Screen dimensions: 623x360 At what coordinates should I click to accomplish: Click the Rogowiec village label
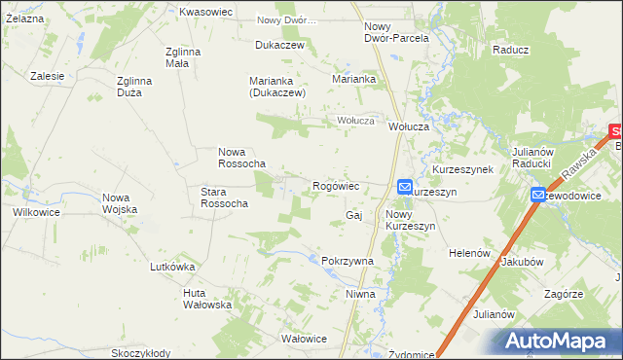pyautogui.click(x=337, y=186)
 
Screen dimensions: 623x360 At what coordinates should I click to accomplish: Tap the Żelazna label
pyautogui.click(x=23, y=18)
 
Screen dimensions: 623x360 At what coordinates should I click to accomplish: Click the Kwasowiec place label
pyautogui.click(x=205, y=12)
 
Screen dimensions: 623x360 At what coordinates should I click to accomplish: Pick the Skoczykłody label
pyautogui.click(x=141, y=353)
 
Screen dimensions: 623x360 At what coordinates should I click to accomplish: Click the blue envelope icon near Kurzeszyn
pyautogui.click(x=405, y=186)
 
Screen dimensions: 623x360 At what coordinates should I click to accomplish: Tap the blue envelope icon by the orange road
pyautogui.click(x=538, y=196)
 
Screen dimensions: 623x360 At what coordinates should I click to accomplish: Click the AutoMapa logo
pyautogui.click(x=558, y=341)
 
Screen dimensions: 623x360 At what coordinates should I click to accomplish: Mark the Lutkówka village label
pyautogui.click(x=173, y=267)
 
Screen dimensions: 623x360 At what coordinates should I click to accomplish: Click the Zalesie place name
pyautogui.click(x=47, y=76)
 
